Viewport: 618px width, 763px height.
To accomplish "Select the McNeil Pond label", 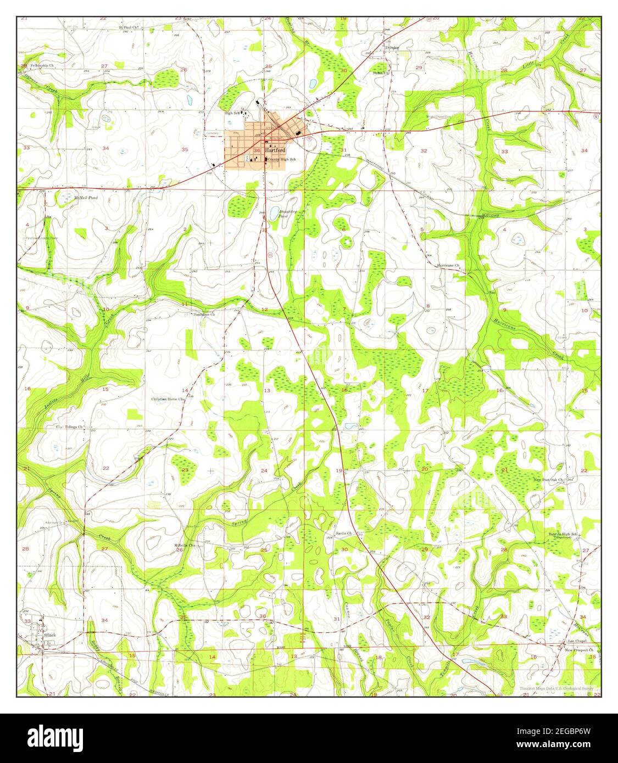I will pos(86,197).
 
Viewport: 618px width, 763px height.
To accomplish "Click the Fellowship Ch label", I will pos(43,65).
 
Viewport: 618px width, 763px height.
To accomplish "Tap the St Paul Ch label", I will pos(127,26).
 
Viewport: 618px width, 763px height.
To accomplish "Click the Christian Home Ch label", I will pos(167,399).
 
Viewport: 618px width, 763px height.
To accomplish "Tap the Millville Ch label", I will pos(185,545).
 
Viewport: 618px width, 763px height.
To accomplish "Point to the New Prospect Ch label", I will pos(580,650).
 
